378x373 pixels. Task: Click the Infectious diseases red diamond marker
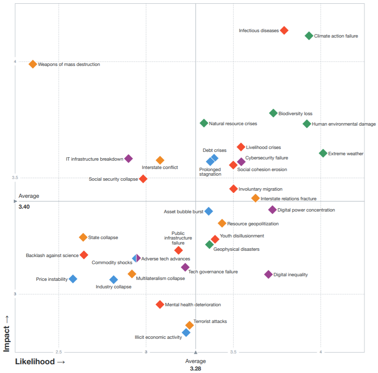click(x=284, y=30)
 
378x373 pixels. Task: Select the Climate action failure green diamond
click(x=309, y=35)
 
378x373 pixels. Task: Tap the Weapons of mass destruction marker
click(x=33, y=64)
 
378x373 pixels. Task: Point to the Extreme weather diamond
click(x=323, y=153)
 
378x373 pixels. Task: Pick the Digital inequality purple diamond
click(x=268, y=274)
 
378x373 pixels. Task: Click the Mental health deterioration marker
click(x=160, y=305)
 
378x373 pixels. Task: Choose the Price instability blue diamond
click(x=73, y=279)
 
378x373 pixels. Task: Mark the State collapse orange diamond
click(x=83, y=237)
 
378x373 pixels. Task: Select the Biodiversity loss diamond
click(x=273, y=113)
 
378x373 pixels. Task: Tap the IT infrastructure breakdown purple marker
click(x=129, y=159)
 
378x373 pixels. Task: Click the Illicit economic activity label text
click(x=158, y=337)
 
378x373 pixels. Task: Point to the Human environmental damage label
click(x=344, y=124)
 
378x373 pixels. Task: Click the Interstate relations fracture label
click(x=289, y=199)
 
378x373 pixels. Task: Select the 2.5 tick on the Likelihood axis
click(x=58, y=352)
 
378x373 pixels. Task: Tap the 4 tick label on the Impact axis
click(x=15, y=61)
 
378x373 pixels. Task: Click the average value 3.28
click(x=195, y=368)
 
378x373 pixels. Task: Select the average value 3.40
click(x=24, y=207)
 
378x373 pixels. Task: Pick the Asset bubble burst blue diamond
click(x=208, y=211)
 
